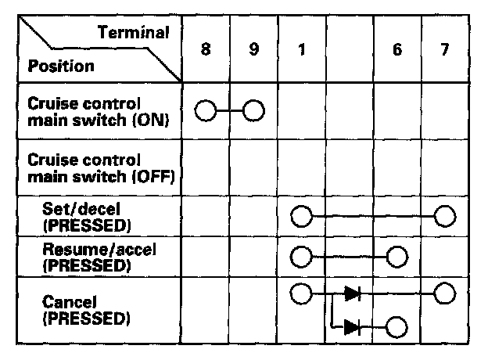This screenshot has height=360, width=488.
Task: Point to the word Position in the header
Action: [x=61, y=66]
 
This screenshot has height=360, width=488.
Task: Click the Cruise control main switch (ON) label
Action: [x=95, y=111]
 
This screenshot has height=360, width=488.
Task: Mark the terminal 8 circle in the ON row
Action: [x=205, y=110]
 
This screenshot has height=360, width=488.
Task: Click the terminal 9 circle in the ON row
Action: [x=253, y=110]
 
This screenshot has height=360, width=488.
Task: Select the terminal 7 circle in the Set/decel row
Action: [x=445, y=214]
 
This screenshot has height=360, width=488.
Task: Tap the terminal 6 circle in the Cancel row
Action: [x=397, y=326]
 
